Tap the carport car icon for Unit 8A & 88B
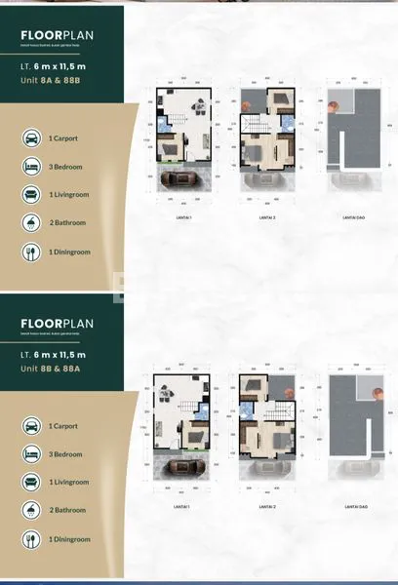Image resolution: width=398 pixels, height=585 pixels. tap(31, 138)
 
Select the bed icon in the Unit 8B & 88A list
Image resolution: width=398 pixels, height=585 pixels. tap(31, 452)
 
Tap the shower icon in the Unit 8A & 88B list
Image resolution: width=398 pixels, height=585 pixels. tap(31, 223)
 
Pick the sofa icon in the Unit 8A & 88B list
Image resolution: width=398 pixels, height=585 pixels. tap(31, 195)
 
